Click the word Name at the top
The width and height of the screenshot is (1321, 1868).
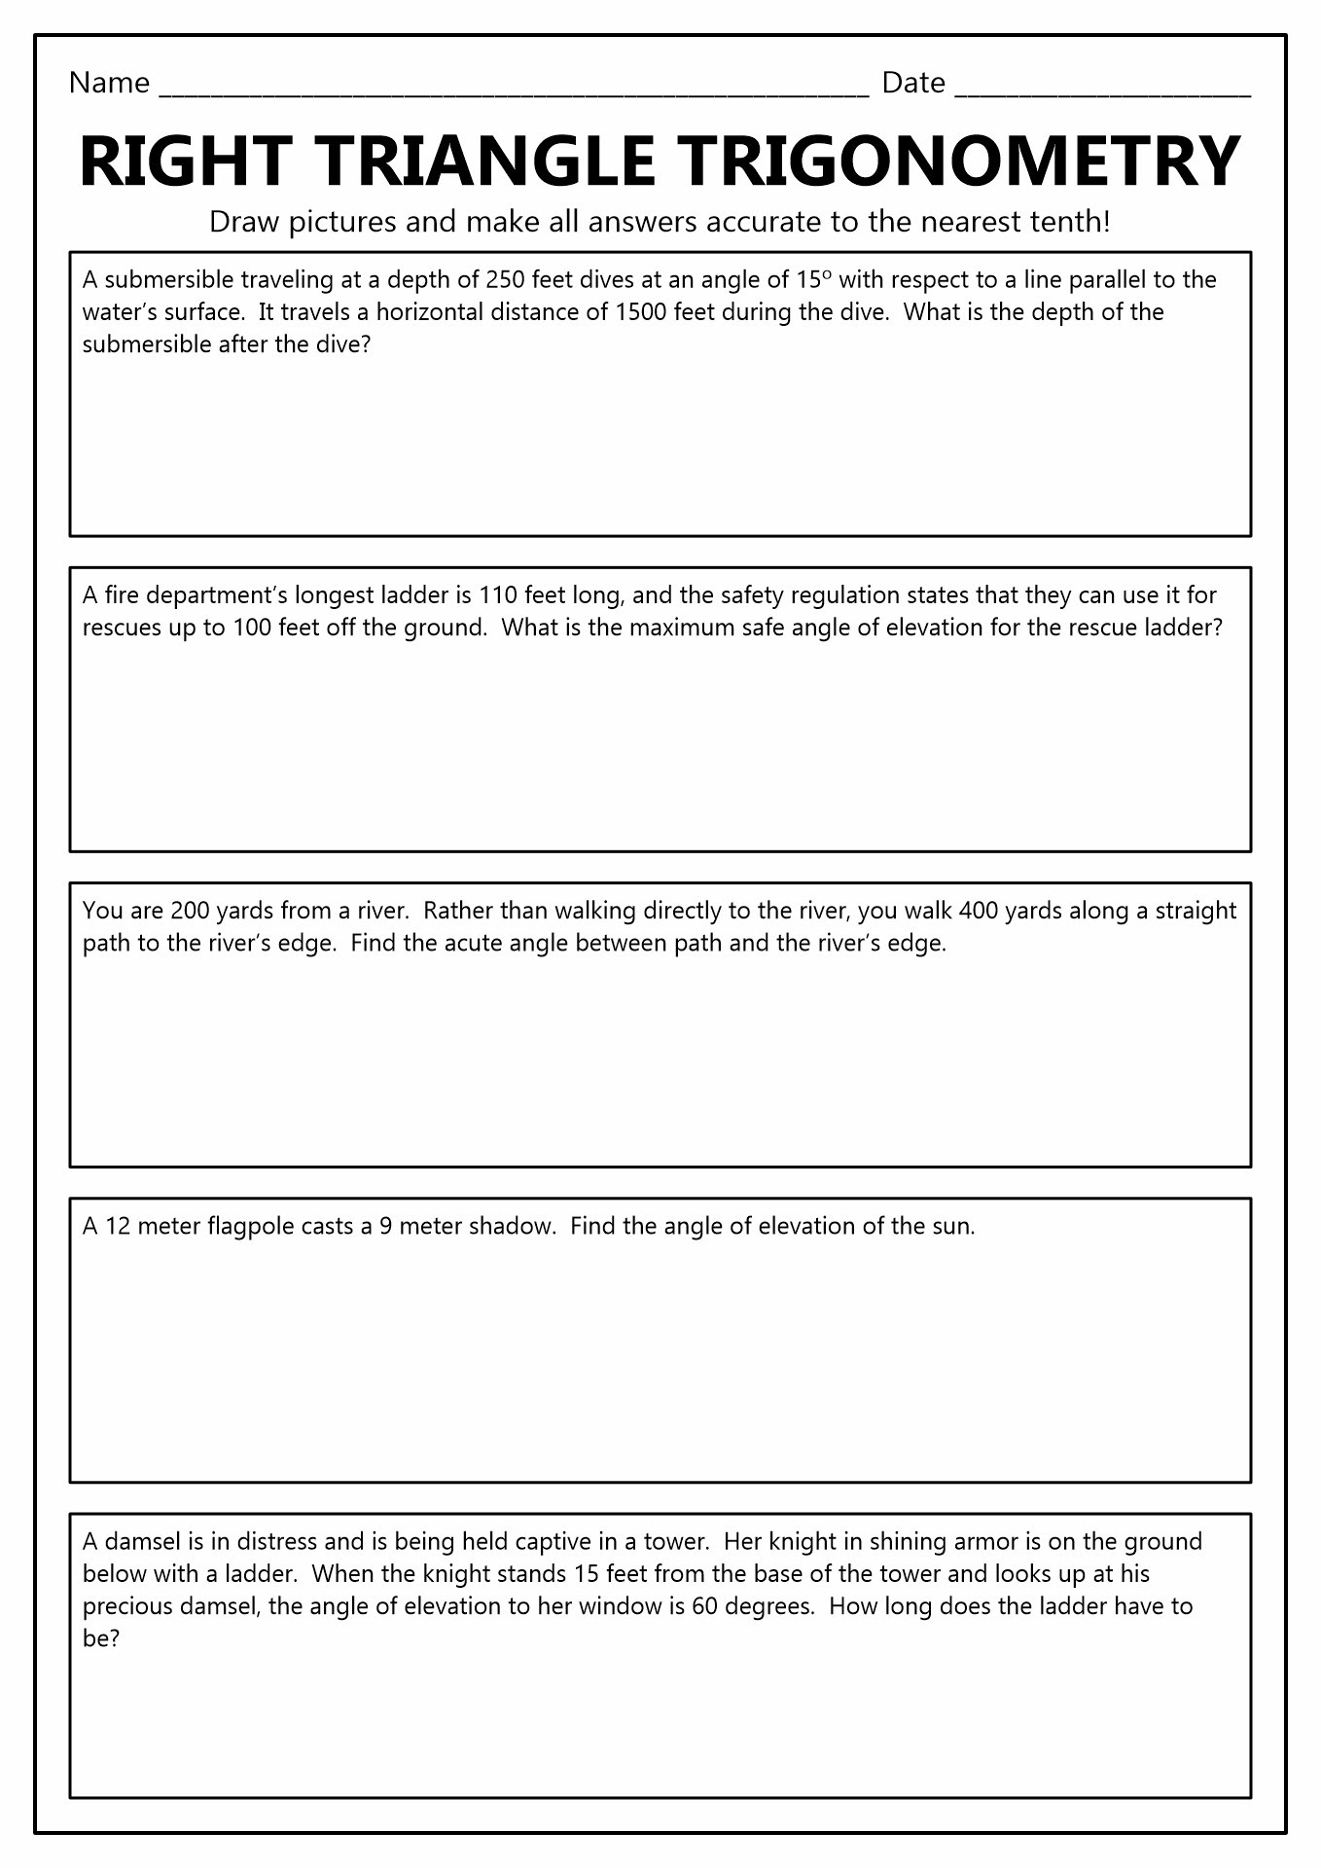pyautogui.click(x=109, y=84)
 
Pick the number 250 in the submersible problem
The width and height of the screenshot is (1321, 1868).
pyautogui.click(x=504, y=280)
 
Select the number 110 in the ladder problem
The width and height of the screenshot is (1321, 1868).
pyautogui.click(x=497, y=595)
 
